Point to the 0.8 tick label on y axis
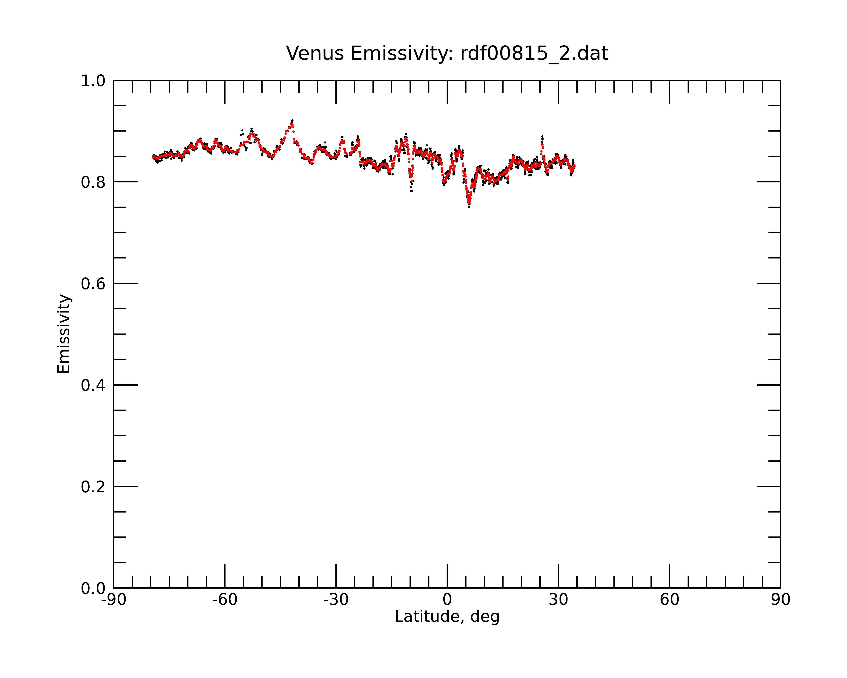coord(93,182)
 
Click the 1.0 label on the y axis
coord(93,81)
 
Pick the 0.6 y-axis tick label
coord(93,283)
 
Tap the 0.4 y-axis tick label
coord(93,385)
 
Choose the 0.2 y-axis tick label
coord(93,487)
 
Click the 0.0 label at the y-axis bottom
coord(93,588)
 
